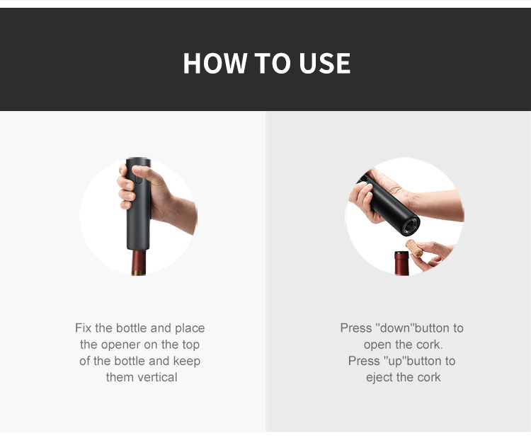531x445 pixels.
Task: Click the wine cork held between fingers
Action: tap(414, 248)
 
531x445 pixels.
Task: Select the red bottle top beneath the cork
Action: tap(401, 262)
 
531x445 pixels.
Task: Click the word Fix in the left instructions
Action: tap(84, 328)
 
